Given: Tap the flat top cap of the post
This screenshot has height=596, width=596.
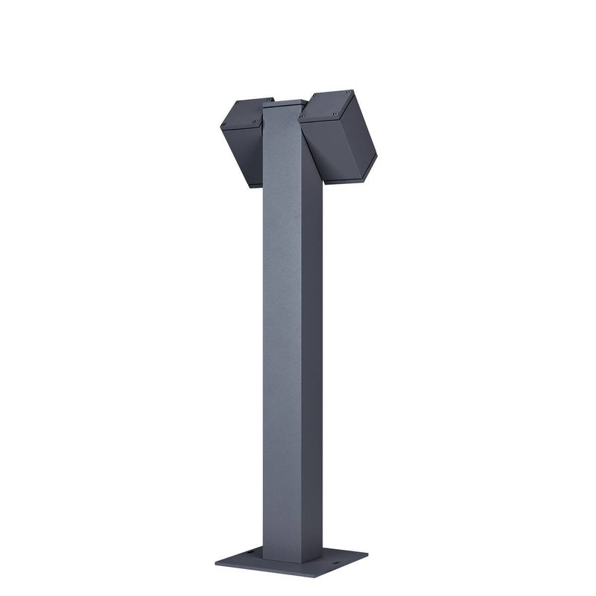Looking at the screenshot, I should (x=285, y=103).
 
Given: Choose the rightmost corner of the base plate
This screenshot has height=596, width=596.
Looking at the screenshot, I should (x=367, y=554).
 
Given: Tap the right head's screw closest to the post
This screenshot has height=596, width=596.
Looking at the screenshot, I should (x=302, y=118).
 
